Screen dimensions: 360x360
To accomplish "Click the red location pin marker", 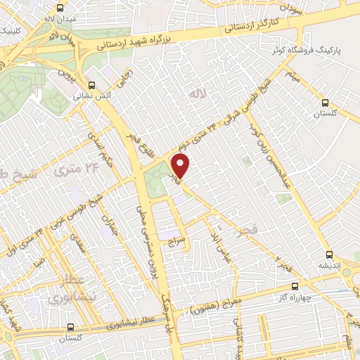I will [x=181, y=167].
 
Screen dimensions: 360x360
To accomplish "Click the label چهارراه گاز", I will [x=296, y=295].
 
